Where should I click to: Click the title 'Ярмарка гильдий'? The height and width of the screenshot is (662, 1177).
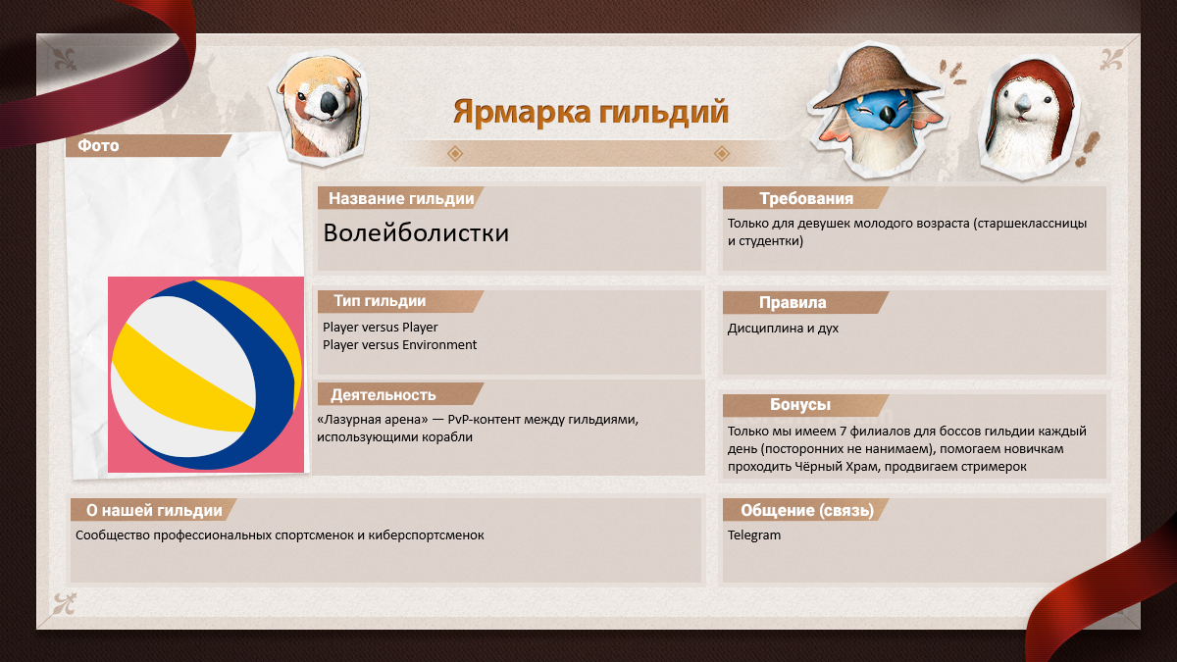(x=590, y=113)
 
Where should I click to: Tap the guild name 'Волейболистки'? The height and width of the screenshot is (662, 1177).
(x=416, y=232)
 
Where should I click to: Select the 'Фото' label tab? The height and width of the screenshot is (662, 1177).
(x=98, y=145)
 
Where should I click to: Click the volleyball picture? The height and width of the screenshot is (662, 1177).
(x=206, y=375)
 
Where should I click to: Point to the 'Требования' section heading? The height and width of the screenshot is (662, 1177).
(x=806, y=198)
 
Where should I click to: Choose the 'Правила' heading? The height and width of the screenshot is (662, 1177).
(x=793, y=303)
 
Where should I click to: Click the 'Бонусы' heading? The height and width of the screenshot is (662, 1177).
(x=800, y=404)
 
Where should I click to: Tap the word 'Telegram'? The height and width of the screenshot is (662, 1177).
(x=754, y=535)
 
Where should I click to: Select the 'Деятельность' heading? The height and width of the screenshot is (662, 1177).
(x=384, y=395)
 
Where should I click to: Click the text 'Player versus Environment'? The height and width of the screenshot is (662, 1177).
(x=399, y=345)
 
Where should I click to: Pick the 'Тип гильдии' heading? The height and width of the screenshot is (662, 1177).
(x=380, y=301)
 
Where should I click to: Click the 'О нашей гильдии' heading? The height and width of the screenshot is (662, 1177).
(x=154, y=510)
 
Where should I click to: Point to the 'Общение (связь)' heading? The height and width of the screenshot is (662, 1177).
(x=807, y=510)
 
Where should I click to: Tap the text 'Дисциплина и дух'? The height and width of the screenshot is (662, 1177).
(x=783, y=329)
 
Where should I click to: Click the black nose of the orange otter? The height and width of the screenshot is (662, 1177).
(x=331, y=103)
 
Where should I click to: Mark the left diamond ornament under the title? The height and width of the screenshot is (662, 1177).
(x=455, y=153)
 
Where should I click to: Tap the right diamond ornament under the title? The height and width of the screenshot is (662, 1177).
(x=722, y=153)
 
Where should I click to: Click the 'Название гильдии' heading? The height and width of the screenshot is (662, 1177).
(x=401, y=198)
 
